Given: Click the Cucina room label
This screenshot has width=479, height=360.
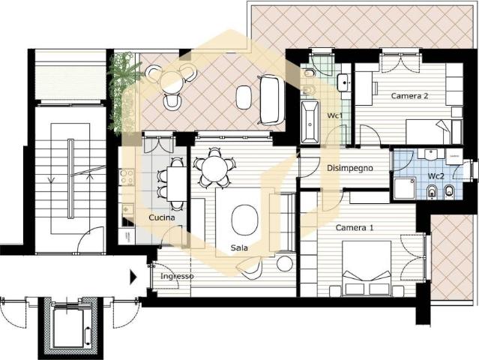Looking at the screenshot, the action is point(162,217).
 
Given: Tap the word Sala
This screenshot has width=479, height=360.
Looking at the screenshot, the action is point(239,247).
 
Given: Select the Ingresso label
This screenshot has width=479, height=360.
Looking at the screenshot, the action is point(177,276).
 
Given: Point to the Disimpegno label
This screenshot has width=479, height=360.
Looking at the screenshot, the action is point(350,168).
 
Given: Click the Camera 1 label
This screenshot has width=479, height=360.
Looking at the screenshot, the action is point(355,228).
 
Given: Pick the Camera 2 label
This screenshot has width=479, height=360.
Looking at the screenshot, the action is point(409,96).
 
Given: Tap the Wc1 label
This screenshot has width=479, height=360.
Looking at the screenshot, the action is point(335,115).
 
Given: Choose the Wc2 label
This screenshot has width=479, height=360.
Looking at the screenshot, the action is point(436,176).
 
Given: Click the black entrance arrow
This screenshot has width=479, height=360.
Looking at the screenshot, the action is point(133,277).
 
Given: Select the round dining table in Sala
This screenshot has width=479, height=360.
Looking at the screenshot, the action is point(214,169).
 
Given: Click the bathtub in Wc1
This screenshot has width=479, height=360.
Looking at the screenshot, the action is point(310,122).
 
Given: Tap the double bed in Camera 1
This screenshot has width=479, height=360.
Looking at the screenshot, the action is point(367,268).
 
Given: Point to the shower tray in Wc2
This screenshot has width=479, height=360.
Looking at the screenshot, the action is point(405,188).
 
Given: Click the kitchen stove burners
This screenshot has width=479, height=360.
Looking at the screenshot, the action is point(127,177).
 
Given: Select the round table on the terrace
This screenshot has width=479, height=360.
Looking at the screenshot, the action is point(172,82).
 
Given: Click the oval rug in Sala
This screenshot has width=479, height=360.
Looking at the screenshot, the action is point(244,220).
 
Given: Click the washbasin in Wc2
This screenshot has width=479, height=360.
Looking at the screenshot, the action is point(431,154).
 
